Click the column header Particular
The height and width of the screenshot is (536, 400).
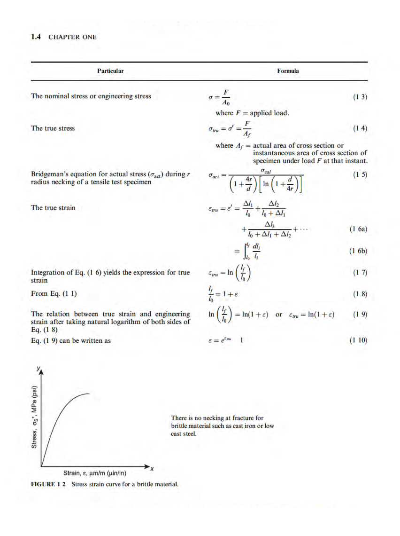pyautogui.click(x=110, y=71)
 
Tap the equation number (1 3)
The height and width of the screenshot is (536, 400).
pyautogui.click(x=360, y=97)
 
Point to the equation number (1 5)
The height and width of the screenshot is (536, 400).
pyautogui.click(x=360, y=174)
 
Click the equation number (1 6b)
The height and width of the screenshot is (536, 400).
pyautogui.click(x=358, y=251)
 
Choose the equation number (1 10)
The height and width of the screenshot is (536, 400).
pyautogui.click(x=358, y=341)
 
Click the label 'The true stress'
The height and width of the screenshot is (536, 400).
pyautogui.click(x=53, y=128)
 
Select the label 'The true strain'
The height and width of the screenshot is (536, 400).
pyautogui.click(x=53, y=207)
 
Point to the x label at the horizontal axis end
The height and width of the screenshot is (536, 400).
pyautogui.click(x=153, y=469)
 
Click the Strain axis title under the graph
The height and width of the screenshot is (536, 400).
pyautogui.click(x=95, y=473)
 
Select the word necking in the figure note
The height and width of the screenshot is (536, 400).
pyautogui.click(x=211, y=418)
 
